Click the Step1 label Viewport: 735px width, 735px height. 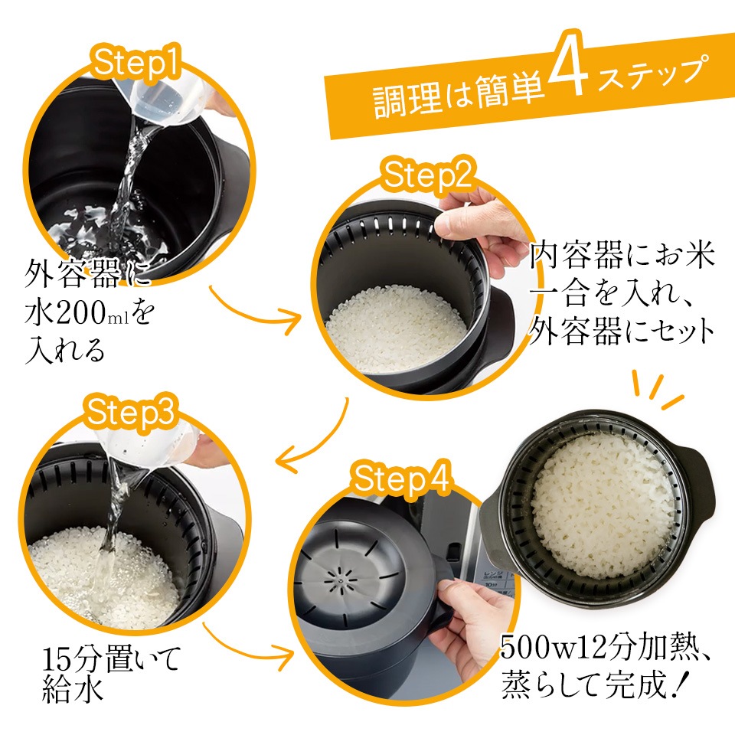[x=136, y=64]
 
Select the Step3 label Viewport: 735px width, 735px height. [x=130, y=412]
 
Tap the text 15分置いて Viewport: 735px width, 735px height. [x=112, y=658]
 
